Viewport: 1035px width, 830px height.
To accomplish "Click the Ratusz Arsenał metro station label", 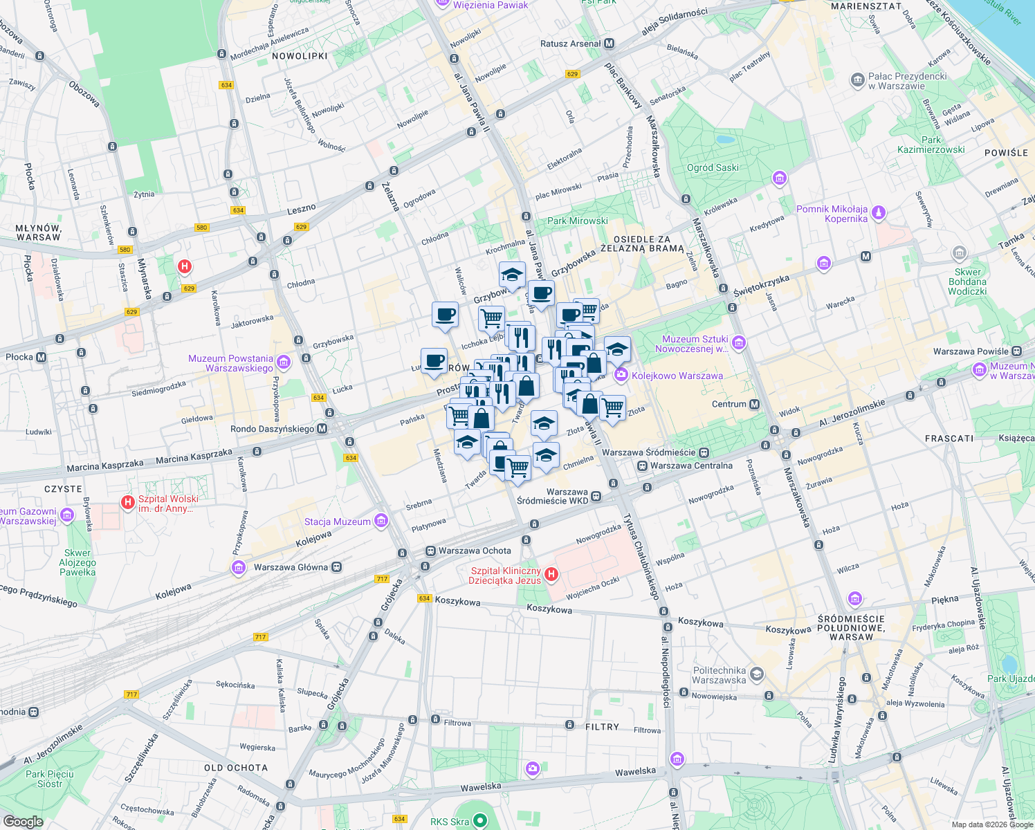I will (571, 44).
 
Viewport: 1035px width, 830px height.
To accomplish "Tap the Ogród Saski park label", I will (713, 167).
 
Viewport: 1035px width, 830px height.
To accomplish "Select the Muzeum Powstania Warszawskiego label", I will (231, 363).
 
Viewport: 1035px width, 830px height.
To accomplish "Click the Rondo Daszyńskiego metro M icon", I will (322, 429).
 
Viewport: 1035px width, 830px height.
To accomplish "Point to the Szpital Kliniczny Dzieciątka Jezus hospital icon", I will (551, 574).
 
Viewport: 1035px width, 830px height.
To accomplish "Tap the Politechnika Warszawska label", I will (720, 675).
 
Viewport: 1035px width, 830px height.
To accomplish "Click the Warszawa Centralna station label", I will (691, 465).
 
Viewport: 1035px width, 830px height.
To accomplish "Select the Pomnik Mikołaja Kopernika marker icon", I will (879, 212).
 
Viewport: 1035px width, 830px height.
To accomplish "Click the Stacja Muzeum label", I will (338, 522).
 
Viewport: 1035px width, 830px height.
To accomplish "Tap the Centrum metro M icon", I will (754, 404).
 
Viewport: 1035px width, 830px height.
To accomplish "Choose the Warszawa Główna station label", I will (291, 567).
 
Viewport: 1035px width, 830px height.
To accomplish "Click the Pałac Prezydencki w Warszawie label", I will (907, 81).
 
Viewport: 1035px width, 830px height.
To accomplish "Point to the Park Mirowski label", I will (578, 221).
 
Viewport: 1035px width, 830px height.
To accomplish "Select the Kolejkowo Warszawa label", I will (677, 376).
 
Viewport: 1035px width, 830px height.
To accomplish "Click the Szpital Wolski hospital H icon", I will (127, 502).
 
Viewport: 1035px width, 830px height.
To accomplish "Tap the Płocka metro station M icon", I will (42, 357).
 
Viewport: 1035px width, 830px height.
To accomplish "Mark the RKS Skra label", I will (450, 822).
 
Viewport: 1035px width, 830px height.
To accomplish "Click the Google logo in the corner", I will (23, 821).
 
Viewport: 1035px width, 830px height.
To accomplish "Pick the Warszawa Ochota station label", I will (475, 551).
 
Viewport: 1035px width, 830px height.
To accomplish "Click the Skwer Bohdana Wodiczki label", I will (967, 282).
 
